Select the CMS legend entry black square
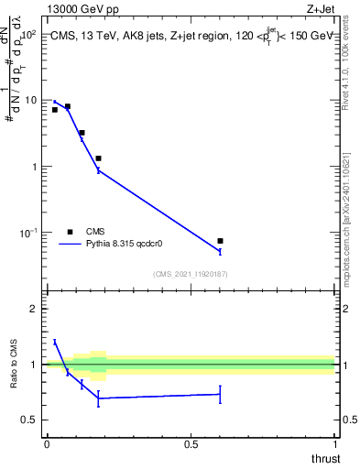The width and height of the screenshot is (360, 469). point(71,232)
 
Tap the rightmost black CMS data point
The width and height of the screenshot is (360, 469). point(220,241)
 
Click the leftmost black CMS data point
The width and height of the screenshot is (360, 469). point(55,110)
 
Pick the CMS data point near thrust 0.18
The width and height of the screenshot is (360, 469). point(98,158)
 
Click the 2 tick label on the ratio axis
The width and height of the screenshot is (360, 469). point(36,309)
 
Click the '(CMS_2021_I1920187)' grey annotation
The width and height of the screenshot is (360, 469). point(191,273)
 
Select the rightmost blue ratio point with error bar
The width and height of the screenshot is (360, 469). point(220,394)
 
